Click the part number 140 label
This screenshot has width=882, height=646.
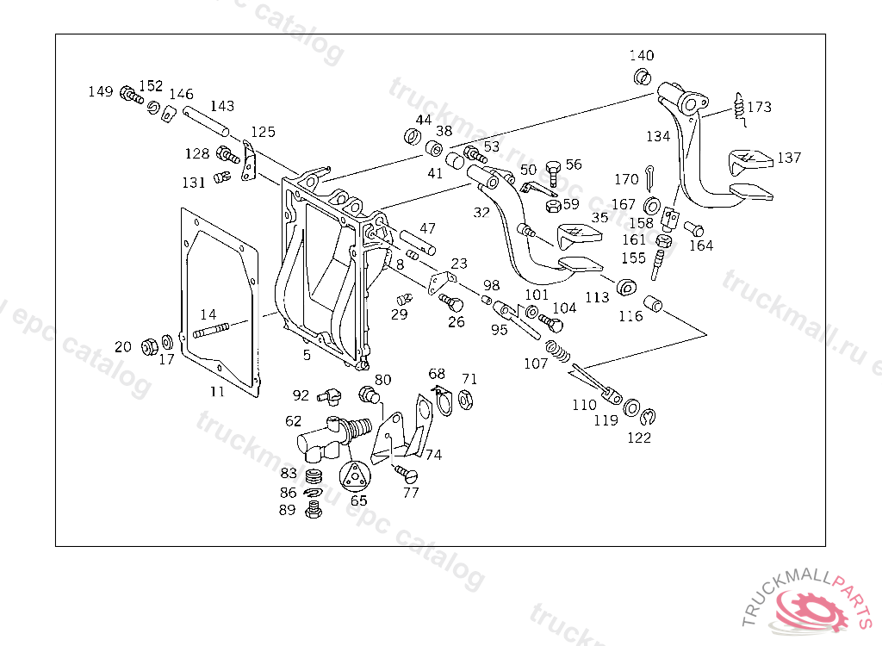[641, 56]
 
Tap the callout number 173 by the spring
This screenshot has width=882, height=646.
[759, 108]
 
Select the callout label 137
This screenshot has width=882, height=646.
[789, 158]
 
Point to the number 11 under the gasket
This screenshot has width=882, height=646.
[217, 391]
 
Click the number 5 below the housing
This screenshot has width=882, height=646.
[307, 354]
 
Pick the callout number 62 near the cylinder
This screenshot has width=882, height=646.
[294, 421]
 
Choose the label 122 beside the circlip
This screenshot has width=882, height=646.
[639, 437]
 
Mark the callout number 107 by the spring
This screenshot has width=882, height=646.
[536, 363]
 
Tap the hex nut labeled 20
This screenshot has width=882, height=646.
[147, 346]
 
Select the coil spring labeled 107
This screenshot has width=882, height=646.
[561, 352]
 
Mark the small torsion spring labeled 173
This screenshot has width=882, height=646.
[737, 106]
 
